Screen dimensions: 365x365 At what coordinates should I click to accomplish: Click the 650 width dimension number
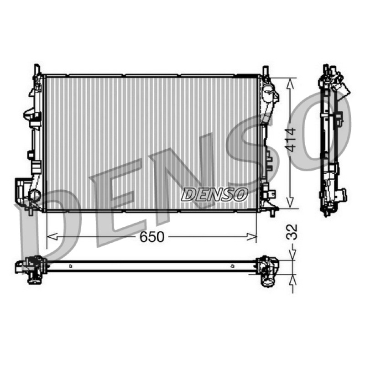(x=152, y=237)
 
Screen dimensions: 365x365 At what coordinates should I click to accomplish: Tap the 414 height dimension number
(x=291, y=140)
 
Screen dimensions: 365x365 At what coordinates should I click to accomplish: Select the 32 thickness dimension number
(x=292, y=232)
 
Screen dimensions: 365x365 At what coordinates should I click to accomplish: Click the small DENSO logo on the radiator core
(x=214, y=195)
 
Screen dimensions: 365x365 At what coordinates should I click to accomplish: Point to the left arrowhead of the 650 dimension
(x=52, y=236)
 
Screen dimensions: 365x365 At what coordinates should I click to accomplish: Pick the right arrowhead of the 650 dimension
(x=251, y=236)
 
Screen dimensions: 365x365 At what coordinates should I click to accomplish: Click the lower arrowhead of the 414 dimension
(x=290, y=203)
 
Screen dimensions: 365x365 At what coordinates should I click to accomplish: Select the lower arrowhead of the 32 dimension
(x=292, y=279)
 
